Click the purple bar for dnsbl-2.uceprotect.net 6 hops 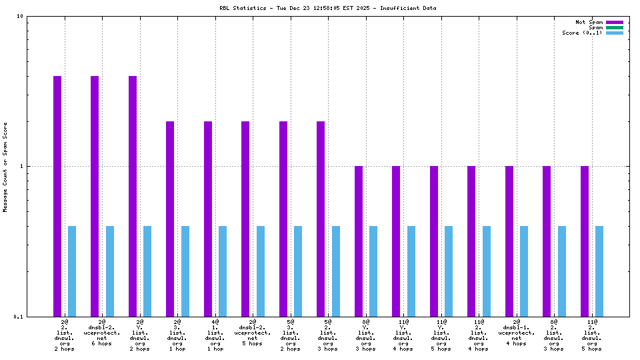[95, 196]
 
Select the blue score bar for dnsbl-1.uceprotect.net [524, 271]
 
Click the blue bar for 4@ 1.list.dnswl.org [223, 271]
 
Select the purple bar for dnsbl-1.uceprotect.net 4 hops [509, 241]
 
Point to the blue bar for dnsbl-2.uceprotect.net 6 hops [110, 271]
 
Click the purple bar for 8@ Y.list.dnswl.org [359, 241]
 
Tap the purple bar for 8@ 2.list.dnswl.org [547, 241]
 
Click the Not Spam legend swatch [614, 22]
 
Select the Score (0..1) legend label [582, 33]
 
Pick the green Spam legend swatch [614, 27]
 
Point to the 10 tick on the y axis [20, 16]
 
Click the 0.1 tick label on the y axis [18, 317]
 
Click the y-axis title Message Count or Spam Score [5, 167]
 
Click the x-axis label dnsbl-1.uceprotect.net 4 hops [517, 333]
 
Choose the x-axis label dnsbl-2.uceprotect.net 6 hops [102, 333]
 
